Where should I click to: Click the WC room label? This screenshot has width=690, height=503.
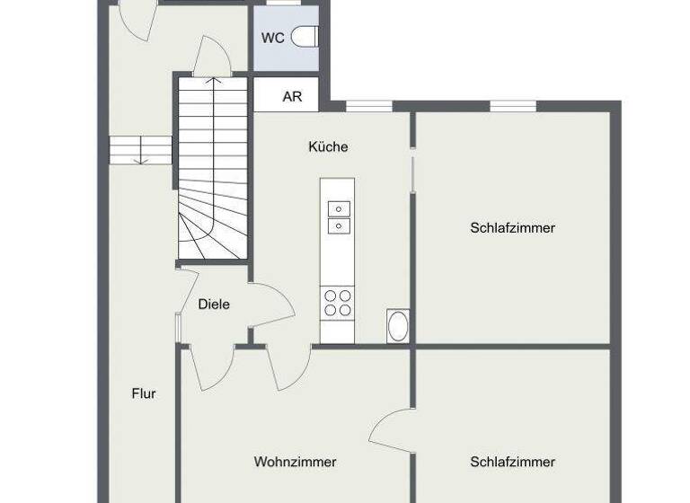point(273,38)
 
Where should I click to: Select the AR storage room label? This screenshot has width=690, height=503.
point(292,97)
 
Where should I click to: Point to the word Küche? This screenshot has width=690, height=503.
point(328,146)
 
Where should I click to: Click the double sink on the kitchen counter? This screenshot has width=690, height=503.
point(339,216)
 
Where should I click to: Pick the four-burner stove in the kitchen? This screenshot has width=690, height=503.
point(338,302)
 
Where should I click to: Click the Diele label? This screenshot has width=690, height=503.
point(214,304)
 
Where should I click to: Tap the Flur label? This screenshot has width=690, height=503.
point(144,393)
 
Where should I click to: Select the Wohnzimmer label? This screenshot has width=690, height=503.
point(295,462)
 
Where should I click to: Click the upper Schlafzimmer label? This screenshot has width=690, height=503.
point(512,228)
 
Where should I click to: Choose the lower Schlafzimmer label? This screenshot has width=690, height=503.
point(512,462)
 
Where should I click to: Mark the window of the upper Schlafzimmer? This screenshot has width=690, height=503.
point(513,106)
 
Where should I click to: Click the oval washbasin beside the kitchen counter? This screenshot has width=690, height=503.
point(397,325)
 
